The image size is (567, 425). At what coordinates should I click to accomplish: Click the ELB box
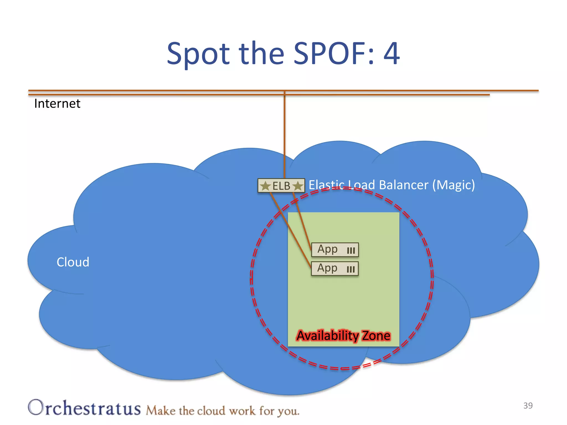tap(281, 186)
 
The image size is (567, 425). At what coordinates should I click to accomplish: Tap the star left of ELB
tap(266, 186)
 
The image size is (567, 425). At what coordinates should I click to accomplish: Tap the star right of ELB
tap(298, 186)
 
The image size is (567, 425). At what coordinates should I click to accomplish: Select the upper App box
tap(335, 250)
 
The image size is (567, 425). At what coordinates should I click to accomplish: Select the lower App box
tap(335, 268)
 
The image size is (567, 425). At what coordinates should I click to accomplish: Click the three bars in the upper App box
tap(351, 251)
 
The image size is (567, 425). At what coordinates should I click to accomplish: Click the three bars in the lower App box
tap(351, 269)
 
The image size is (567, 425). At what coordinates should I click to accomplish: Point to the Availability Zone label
tap(343, 336)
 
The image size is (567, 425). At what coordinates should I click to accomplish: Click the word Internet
tap(57, 104)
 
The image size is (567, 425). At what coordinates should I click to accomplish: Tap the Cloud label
tap(73, 262)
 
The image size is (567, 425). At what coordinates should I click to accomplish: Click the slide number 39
tap(528, 405)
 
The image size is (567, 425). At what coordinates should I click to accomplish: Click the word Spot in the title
tap(198, 54)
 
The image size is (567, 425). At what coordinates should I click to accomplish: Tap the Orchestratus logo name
tap(84, 408)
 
